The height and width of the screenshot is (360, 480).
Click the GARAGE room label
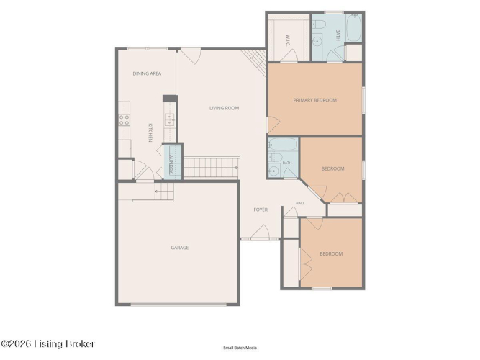[180, 248]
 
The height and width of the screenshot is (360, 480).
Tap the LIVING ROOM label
[224, 108]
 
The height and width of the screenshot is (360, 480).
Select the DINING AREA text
[147, 73]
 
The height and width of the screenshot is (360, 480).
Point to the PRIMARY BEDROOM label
[315, 100]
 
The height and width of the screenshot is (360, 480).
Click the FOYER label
[261, 210]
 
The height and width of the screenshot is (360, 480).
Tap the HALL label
[300, 203]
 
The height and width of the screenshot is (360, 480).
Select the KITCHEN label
[150, 132]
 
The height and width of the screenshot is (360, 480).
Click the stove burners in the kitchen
[124, 120]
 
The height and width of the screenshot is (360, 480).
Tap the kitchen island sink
[170, 120]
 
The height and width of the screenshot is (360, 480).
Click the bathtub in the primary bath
[354, 27]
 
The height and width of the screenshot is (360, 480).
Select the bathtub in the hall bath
[283, 144]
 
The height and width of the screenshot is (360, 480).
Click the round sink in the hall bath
[273, 171]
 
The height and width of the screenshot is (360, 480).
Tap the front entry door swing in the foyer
[261, 232]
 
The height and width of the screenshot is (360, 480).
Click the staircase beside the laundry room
[212, 167]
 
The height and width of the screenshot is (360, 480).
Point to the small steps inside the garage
[164, 192]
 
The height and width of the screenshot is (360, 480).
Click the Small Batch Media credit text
[240, 348]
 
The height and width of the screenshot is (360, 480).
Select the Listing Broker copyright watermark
[47, 343]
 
